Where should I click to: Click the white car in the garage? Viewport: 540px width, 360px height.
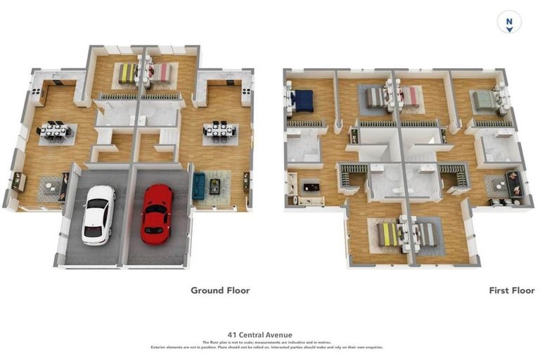click(98, 214)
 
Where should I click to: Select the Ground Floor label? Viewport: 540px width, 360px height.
click(220, 290)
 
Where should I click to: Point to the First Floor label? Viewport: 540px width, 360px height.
click(511, 290)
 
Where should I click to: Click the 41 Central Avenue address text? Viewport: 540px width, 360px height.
click(259, 335)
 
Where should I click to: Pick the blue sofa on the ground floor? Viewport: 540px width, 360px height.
click(198, 186)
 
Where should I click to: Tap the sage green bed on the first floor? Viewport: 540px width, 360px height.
click(484, 101)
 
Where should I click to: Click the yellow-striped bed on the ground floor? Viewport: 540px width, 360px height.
click(127, 72)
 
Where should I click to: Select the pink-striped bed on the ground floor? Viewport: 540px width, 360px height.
click(161, 72)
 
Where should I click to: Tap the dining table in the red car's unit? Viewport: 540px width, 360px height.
click(219, 130)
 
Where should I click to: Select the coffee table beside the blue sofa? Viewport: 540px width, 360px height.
click(214, 186)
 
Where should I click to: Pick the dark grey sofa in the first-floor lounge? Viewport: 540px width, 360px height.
click(515, 184)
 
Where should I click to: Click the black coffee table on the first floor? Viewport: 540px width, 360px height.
click(310, 188)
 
